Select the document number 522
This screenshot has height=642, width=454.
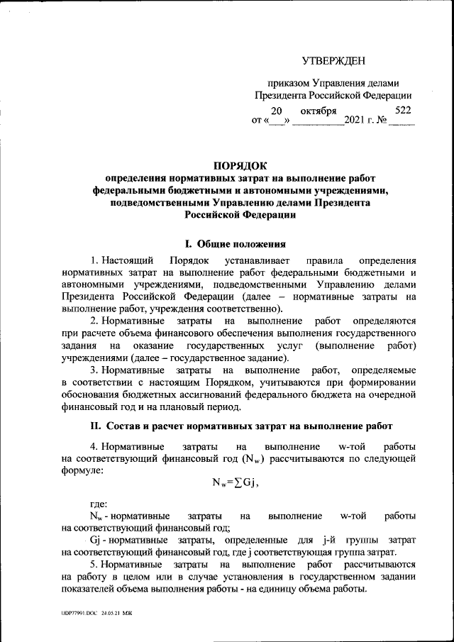click(402, 110)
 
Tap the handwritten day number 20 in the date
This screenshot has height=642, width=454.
click(277, 111)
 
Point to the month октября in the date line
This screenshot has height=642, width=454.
click(318, 111)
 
